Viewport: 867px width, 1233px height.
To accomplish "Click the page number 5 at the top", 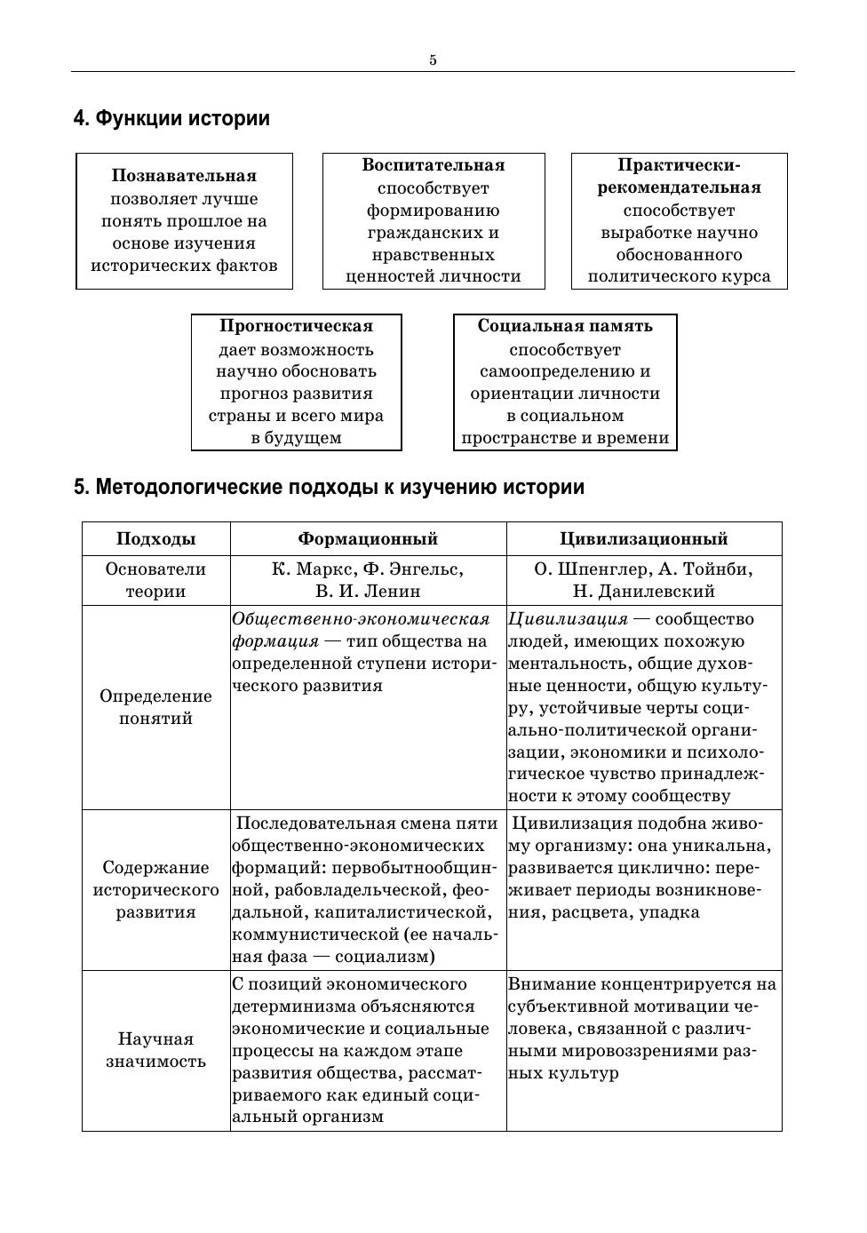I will [x=433, y=60].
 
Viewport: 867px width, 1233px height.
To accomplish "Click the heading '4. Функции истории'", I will [x=171, y=118].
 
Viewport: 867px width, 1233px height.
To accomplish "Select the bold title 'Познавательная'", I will [x=184, y=176].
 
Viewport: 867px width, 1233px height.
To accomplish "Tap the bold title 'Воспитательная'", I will [x=433, y=165].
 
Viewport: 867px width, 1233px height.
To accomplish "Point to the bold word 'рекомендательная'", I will [x=679, y=187].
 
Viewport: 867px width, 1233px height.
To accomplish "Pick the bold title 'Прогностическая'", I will [x=296, y=326].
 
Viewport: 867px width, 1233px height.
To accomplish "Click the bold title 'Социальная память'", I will [x=565, y=326].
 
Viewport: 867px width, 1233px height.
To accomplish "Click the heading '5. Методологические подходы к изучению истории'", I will [x=329, y=487].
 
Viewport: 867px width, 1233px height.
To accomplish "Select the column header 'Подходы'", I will [x=155, y=539].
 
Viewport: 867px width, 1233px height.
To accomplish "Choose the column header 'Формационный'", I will [x=368, y=539].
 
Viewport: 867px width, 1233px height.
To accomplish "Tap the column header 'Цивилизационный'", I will [x=643, y=539].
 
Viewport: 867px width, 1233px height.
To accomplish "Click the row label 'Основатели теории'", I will [x=155, y=580].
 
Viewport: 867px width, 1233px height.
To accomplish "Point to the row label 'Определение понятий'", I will [x=155, y=707].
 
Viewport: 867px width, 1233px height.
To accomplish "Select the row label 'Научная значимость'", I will [x=155, y=1050].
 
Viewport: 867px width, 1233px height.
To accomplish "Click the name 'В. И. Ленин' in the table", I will [x=368, y=592].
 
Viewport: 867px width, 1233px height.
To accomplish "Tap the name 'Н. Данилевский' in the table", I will [x=643, y=592].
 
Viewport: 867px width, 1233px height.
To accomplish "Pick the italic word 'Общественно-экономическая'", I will [x=361, y=619].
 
